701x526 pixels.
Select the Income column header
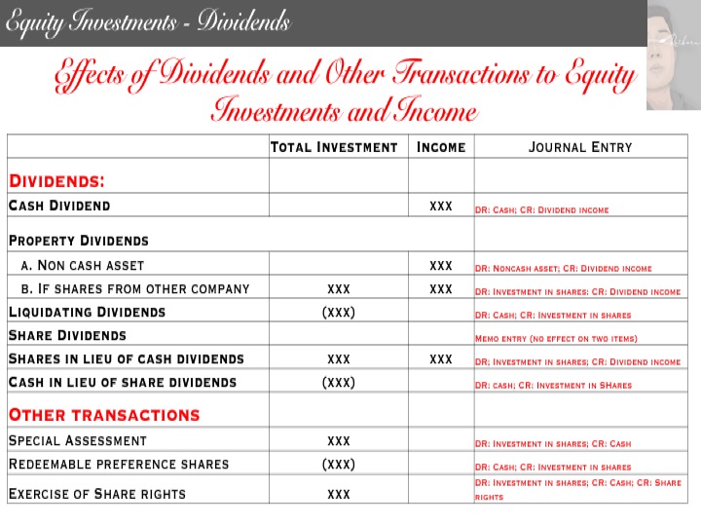point(441,147)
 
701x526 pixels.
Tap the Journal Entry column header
point(580,147)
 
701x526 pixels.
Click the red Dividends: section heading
point(56,180)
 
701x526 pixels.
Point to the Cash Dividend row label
point(59,206)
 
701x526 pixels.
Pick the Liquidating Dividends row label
point(87,312)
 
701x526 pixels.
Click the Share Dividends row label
point(67,335)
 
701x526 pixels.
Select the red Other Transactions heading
point(104,415)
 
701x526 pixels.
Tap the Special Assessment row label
point(78,440)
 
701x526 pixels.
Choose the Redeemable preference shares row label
point(119,464)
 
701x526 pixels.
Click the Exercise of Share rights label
point(97,493)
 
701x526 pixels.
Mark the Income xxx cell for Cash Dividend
point(441,206)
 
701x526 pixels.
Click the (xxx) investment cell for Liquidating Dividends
point(338,312)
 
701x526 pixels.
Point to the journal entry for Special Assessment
point(552,443)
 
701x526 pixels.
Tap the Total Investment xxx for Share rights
point(339,494)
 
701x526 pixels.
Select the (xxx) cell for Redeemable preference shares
point(338,464)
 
